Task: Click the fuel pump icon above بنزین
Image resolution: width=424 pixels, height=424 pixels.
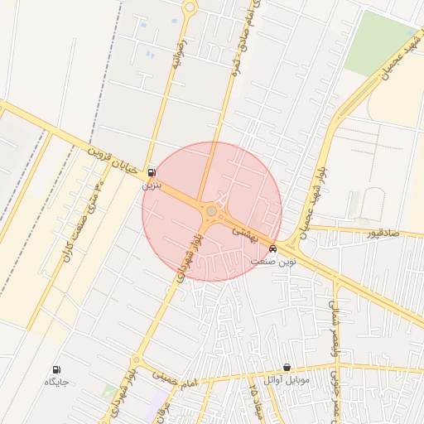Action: click(151, 173)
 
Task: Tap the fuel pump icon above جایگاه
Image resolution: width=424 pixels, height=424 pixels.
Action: click(56, 369)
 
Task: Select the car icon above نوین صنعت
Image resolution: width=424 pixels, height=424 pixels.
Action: click(273, 248)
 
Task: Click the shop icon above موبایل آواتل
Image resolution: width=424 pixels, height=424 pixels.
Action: click(287, 367)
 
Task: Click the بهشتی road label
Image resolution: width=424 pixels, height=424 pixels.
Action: click(248, 234)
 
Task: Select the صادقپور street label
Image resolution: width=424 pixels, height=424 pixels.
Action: click(383, 234)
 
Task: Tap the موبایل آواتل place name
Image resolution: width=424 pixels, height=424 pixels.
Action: click(287, 379)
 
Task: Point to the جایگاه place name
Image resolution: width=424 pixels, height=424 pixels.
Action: click(56, 382)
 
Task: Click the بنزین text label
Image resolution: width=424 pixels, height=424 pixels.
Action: click(152, 185)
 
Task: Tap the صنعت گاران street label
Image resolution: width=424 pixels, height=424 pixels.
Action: click(79, 224)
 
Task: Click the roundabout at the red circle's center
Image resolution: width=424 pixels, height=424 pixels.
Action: click(211, 212)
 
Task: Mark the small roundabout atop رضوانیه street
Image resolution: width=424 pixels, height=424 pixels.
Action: click(190, 7)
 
